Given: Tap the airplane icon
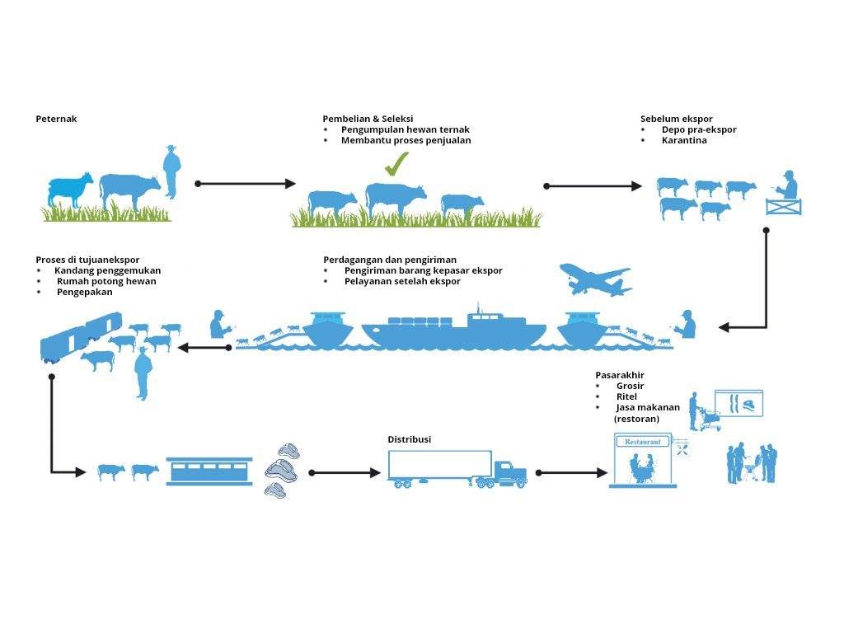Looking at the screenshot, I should point(594,281).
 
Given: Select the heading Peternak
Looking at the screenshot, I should point(56,119).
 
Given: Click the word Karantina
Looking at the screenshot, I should point(683,140).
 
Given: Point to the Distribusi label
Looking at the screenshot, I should point(409,439).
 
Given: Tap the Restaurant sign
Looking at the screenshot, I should point(643,442).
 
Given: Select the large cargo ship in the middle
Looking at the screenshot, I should point(453,327).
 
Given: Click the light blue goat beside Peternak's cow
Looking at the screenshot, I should point(70,190).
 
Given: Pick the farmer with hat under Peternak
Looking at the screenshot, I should point(171,171).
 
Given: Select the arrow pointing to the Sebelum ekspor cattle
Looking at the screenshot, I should point(593,186).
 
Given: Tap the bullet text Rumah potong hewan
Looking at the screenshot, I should point(106,281).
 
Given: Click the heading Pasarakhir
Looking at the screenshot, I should point(620,375).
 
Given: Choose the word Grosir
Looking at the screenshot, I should point(630,386).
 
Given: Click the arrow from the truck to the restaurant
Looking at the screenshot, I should point(571,473).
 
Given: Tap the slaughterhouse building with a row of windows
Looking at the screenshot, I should point(209,471).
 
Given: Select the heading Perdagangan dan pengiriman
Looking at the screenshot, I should point(390,260).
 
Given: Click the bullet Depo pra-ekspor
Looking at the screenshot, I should point(698,129).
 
